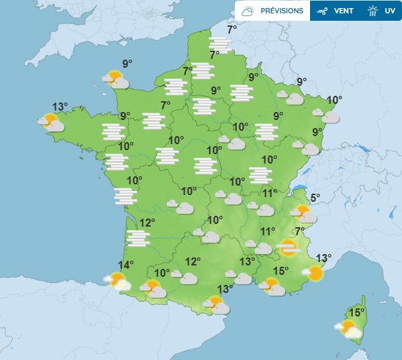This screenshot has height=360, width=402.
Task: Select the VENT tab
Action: [336, 11]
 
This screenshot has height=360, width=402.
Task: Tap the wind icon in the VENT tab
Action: [322, 11]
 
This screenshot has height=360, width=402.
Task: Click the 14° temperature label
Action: [126, 265]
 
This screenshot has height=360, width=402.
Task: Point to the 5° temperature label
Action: [315, 198]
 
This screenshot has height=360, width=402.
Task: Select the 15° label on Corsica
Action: [356, 312]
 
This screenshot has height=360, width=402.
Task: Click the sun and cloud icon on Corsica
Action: [348, 328]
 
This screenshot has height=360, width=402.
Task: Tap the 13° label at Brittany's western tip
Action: [60, 107]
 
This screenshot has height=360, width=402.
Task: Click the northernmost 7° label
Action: [232, 29]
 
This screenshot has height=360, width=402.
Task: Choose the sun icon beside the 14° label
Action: [117, 280]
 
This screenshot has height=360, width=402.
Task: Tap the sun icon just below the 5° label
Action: [303, 214]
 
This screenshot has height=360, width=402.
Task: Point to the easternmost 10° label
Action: [334, 100]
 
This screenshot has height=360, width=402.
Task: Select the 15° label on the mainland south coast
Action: [281, 271]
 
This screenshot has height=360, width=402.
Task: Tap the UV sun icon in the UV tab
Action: [373, 11]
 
